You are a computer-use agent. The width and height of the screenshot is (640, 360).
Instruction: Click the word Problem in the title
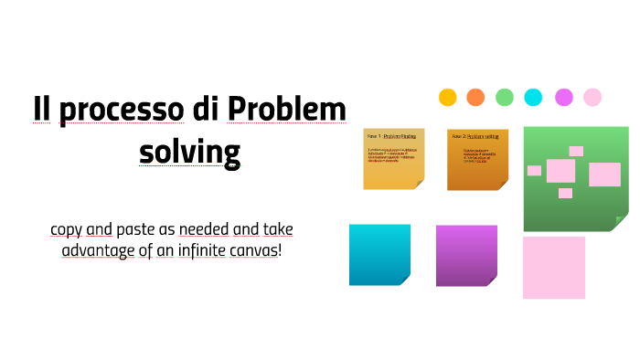click(287, 111)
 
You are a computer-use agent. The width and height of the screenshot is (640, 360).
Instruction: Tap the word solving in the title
click(189, 151)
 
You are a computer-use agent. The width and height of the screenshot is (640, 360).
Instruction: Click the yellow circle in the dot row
click(447, 97)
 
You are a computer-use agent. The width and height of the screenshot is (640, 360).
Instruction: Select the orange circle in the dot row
click(475, 97)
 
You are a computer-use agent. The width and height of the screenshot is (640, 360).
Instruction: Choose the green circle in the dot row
click(505, 97)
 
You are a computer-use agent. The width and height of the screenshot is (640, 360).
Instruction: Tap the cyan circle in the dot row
click(533, 97)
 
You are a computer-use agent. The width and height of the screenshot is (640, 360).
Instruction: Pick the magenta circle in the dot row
click(563, 97)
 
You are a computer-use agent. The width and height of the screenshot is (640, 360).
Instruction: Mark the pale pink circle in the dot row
click(592, 97)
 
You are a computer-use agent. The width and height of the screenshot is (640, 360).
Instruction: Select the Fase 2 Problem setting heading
click(476, 135)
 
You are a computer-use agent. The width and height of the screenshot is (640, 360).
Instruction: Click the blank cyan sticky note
click(379, 254)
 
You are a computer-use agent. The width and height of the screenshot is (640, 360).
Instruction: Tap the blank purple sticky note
click(466, 255)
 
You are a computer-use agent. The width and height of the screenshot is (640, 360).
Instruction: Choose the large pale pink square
click(554, 267)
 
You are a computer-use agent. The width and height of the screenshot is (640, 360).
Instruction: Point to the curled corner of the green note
click(622, 221)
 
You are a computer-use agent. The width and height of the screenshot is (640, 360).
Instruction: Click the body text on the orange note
click(476, 156)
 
